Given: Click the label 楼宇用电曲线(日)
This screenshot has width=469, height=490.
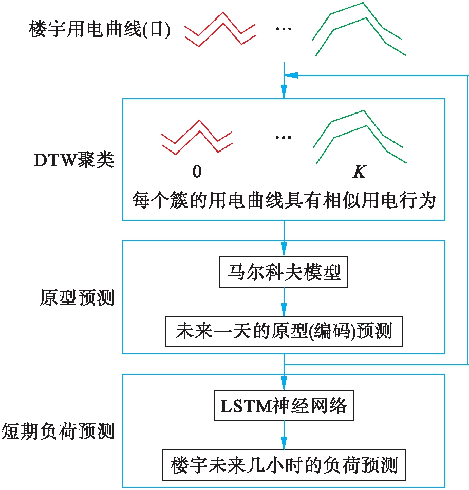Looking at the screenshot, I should click(x=100, y=30).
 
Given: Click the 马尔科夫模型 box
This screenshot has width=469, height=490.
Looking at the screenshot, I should click(x=283, y=272).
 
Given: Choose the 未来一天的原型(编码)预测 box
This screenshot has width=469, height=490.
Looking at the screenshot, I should click(x=284, y=331).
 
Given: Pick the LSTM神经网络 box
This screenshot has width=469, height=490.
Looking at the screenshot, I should click(x=284, y=406).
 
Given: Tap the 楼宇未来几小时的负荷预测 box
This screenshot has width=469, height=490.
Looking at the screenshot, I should click(x=284, y=465).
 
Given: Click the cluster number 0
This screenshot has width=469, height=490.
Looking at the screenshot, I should click(x=197, y=172).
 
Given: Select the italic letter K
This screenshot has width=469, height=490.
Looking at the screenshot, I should click(x=359, y=172).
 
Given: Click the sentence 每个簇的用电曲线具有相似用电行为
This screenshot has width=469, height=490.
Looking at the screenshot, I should click(x=284, y=200).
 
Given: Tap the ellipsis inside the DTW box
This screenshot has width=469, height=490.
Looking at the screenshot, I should click(x=284, y=137).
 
